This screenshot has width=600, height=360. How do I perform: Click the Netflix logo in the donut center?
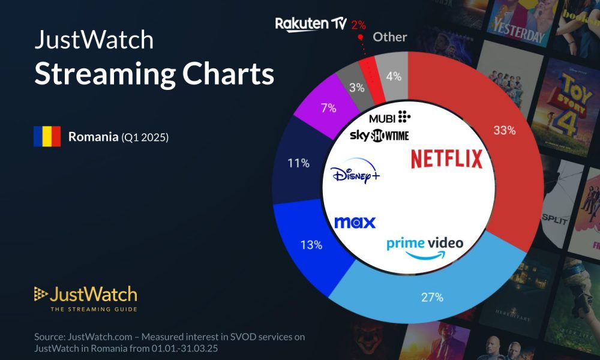coord(446,159)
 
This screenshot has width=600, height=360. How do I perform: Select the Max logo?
coord(355,223)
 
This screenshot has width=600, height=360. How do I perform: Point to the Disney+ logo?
coord(355,174)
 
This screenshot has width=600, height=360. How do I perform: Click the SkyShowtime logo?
coord(379,136)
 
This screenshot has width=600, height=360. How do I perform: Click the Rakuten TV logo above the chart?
coord(311,24)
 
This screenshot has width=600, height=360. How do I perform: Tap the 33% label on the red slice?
coord(503,130)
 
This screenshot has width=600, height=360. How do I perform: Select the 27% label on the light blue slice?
coord(432,297)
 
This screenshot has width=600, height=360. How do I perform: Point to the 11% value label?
coord(298,163)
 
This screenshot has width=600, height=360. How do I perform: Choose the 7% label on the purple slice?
coord(328,109)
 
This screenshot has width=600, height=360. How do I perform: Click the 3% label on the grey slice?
coord(357,88)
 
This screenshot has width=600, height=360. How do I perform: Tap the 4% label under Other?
coord(393,77)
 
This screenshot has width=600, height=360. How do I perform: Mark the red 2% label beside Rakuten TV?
coord(359,25)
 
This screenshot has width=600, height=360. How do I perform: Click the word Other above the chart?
coord(390,37)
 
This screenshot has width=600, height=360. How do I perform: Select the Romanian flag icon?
coord(47,137)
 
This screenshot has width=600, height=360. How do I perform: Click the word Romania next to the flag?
coord(93,137)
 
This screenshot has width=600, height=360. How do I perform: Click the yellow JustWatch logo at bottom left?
coord(85,295)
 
